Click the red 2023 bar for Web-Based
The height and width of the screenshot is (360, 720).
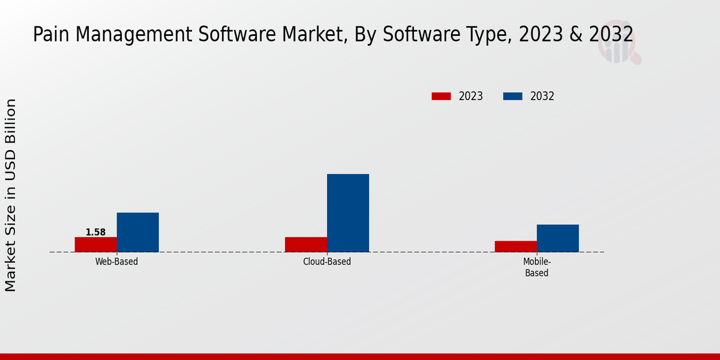click(95, 244)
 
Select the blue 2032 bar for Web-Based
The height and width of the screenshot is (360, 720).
click(137, 232)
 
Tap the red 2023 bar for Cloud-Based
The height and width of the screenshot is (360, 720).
click(306, 244)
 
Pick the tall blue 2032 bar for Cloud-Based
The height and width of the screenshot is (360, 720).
click(348, 213)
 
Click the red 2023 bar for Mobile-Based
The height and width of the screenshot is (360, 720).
click(516, 246)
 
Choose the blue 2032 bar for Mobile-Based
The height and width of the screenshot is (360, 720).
click(558, 238)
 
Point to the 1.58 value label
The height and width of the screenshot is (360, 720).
click(95, 232)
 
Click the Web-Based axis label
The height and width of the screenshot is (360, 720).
click(116, 262)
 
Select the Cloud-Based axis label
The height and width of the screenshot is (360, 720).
click(327, 262)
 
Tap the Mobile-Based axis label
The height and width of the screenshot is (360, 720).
click(537, 267)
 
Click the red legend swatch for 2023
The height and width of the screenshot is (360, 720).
click(441, 96)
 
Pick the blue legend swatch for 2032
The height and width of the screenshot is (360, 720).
click(512, 96)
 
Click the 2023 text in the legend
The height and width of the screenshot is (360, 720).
click(471, 96)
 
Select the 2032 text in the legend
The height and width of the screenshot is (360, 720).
click(542, 96)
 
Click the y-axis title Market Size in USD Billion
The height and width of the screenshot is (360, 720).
click(11, 195)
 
